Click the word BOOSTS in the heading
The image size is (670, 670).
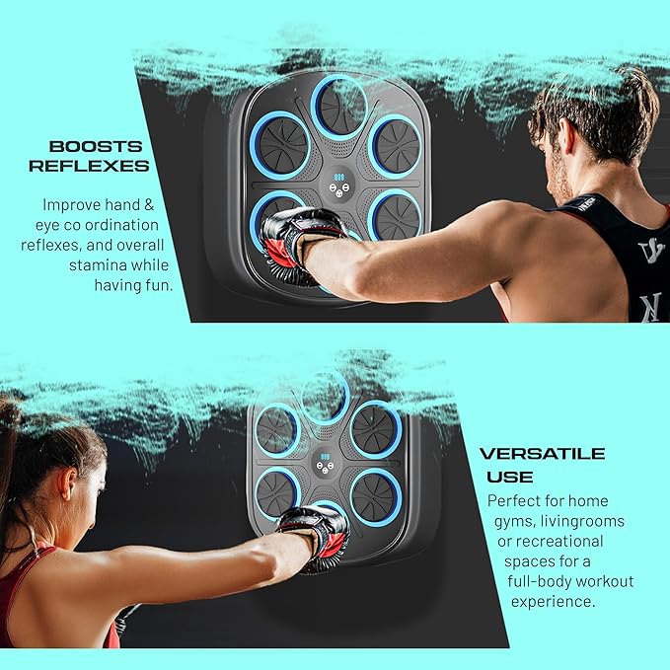pos(96,147)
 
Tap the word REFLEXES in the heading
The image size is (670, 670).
pos(89,166)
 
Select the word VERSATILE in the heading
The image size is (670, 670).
pos(543,453)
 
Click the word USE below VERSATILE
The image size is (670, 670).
pos(510,477)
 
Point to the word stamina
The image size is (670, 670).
pos(96,265)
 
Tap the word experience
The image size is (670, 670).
pos(553,602)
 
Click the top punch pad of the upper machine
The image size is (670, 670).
pos(339,107)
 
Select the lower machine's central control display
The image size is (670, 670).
pos(325,463)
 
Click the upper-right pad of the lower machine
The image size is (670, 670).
pos(376,428)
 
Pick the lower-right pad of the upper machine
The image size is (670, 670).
pos(396,216)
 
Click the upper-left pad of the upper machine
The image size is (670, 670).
pos(281,144)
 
